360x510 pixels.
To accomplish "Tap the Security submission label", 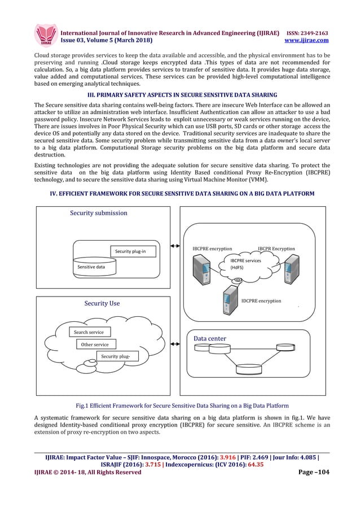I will (98, 213).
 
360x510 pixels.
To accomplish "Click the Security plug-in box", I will (130, 251).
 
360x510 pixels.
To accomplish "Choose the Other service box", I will (95, 344).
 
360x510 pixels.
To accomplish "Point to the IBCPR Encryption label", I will (280, 249).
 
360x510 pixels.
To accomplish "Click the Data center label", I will (210, 338).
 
